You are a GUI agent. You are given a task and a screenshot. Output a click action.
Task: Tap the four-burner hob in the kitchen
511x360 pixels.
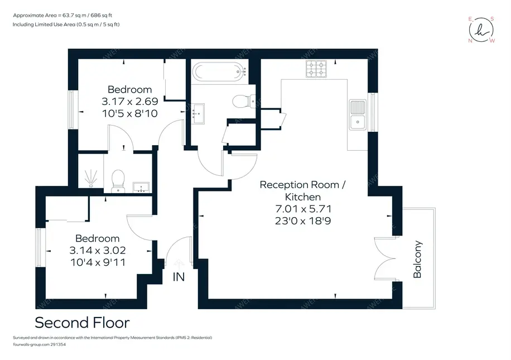[316, 69]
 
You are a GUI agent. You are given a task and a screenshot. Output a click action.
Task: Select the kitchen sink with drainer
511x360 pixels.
[358, 114]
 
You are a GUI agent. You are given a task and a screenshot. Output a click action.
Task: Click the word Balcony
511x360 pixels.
[417, 259]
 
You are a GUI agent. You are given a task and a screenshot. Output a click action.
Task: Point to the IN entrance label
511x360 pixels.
[179, 277]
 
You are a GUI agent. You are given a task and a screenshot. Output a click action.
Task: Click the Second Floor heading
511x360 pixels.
[82, 323]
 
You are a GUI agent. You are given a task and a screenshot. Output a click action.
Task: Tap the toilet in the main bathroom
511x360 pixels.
[244, 101]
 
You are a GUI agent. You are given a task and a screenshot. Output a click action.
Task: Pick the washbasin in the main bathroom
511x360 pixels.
[198, 114]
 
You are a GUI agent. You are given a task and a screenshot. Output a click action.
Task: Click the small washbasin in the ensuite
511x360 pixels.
[141, 188]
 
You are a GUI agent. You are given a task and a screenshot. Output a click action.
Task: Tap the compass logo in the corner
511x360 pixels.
[481, 30]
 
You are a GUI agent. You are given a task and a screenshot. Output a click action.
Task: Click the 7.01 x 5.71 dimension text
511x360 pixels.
[303, 209]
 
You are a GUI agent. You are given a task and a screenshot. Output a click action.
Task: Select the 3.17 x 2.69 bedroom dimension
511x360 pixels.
[130, 102]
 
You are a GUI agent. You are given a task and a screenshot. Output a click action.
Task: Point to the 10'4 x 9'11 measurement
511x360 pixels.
[98, 262]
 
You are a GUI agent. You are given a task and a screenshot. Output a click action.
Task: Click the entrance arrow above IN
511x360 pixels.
[179, 263]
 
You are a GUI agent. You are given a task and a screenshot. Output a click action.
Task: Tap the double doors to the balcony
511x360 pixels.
[385, 258]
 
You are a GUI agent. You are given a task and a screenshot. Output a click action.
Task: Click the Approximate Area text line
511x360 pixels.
[62, 15]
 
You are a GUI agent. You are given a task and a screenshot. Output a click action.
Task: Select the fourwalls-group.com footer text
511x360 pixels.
[39, 344]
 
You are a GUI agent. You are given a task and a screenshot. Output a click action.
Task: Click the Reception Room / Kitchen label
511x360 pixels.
[303, 191]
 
